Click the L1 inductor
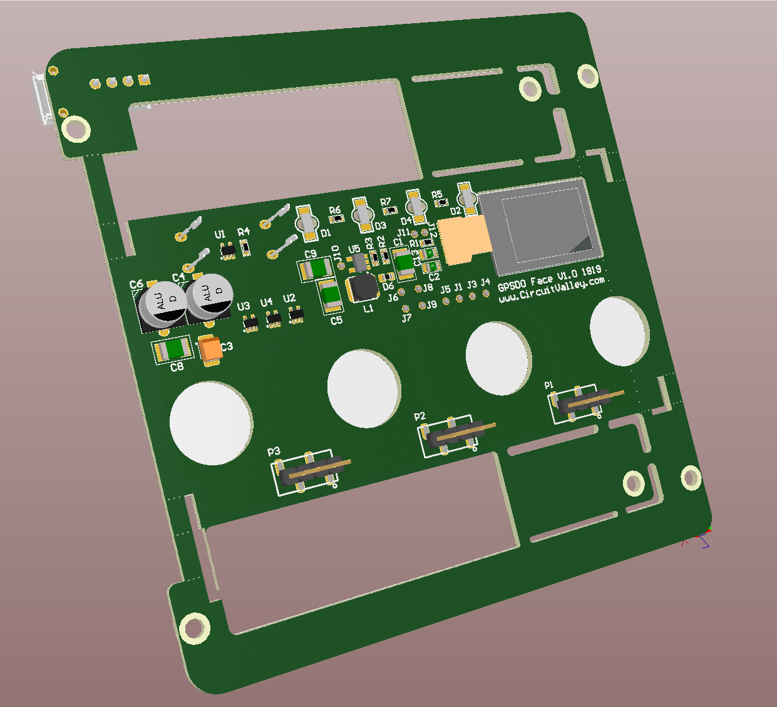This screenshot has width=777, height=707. (x=364, y=287)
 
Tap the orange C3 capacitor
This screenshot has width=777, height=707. (x=211, y=349)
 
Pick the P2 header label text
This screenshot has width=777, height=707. (x=419, y=416)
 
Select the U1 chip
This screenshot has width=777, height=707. (x=227, y=250)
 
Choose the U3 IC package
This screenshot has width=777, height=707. (x=250, y=322)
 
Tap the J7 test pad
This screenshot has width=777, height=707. (x=406, y=308)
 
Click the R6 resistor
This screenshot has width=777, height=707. (x=337, y=219)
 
